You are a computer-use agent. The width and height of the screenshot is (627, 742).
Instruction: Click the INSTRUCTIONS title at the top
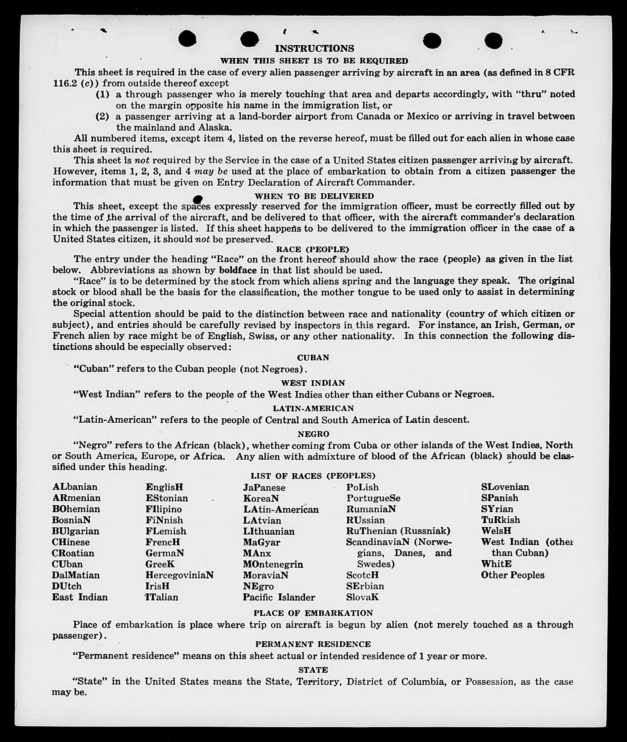[x=314, y=49]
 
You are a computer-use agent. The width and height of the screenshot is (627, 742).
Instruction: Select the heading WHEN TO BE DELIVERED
[x=314, y=196]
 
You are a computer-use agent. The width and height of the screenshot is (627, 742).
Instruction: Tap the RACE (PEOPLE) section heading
[x=312, y=249]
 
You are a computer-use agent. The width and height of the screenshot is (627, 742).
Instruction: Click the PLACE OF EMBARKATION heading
[x=313, y=613]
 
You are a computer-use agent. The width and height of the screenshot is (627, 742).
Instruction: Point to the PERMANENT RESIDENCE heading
[x=313, y=644]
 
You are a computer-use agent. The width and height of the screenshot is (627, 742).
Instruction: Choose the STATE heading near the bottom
[x=313, y=670]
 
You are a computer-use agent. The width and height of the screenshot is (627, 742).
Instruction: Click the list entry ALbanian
[x=75, y=487]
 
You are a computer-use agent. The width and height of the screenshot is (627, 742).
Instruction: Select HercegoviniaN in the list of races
[x=179, y=575]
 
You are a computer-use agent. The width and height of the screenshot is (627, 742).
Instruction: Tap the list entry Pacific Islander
[x=279, y=597]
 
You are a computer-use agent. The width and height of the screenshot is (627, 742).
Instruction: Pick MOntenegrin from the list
[x=273, y=564]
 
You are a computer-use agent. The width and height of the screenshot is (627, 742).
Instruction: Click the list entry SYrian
[x=497, y=509]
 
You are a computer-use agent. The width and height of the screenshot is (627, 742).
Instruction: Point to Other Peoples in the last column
[x=512, y=575]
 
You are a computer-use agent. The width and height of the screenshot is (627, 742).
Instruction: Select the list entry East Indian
[x=80, y=597]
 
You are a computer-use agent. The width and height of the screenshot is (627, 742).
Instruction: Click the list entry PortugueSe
[x=373, y=498]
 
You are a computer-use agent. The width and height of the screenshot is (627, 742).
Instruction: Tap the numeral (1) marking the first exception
[x=103, y=94]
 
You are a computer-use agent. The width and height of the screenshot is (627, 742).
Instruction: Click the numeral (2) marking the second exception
[x=103, y=116]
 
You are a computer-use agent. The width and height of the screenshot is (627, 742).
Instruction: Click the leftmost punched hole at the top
[x=187, y=39]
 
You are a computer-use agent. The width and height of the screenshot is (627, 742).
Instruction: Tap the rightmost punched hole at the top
[x=493, y=40]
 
